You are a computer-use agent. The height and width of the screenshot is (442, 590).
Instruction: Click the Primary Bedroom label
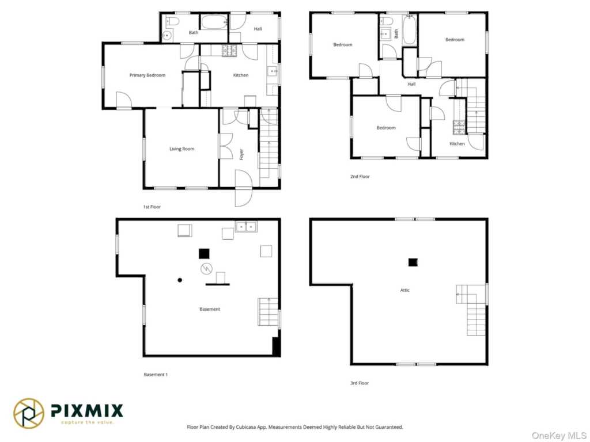click(147, 75)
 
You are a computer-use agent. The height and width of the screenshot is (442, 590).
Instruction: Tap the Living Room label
click(181, 149)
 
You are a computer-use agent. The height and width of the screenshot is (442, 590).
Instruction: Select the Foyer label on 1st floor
click(241, 154)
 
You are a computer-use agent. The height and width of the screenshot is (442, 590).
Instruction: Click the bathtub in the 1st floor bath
click(214, 22)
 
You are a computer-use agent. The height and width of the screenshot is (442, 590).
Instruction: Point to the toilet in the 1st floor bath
click(172, 21)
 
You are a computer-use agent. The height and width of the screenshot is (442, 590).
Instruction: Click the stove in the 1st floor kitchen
click(229, 51)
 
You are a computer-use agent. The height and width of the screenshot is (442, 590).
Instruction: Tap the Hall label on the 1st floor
click(258, 29)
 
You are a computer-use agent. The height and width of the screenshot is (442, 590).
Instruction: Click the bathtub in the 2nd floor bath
click(409, 30)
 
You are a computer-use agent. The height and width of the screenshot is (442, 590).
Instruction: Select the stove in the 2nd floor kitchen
click(459, 127)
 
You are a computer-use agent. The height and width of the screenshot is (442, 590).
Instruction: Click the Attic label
click(405, 290)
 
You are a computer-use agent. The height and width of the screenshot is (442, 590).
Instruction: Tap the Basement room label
click(210, 309)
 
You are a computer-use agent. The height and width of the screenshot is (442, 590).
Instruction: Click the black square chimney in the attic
click(413, 262)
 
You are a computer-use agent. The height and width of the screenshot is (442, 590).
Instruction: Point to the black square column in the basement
click(204, 254)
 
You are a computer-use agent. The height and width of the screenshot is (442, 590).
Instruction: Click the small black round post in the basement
click(180, 280)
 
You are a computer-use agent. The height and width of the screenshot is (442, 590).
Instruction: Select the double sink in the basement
click(246, 227)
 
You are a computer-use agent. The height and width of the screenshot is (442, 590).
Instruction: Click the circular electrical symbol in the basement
click(206, 269)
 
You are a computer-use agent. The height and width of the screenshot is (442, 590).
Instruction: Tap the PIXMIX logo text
click(87, 410)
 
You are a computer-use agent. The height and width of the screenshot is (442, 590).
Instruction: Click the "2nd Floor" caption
click(360, 176)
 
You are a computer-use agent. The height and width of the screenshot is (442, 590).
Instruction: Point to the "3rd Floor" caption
click(360, 383)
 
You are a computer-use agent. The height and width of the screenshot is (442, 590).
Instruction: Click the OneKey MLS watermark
click(559, 435)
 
